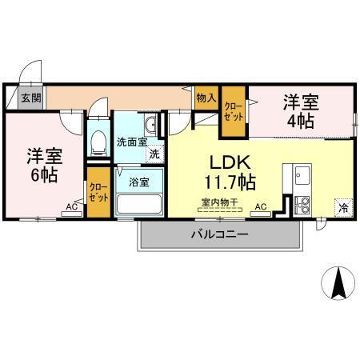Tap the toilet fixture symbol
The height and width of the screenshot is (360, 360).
pos(98,142)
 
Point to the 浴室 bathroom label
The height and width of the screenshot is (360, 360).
pos(139,182)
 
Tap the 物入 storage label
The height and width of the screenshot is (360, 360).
pos(206,97)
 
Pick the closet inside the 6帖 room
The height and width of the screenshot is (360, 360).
pos(98,193)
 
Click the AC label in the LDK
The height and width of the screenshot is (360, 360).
pos(260,206)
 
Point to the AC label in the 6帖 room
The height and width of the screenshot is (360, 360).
pos(72,206)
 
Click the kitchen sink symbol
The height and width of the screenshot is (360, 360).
pos(302,174)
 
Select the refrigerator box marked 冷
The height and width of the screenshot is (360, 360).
pos(342,206)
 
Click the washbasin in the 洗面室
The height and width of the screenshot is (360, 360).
pos(152,125)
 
